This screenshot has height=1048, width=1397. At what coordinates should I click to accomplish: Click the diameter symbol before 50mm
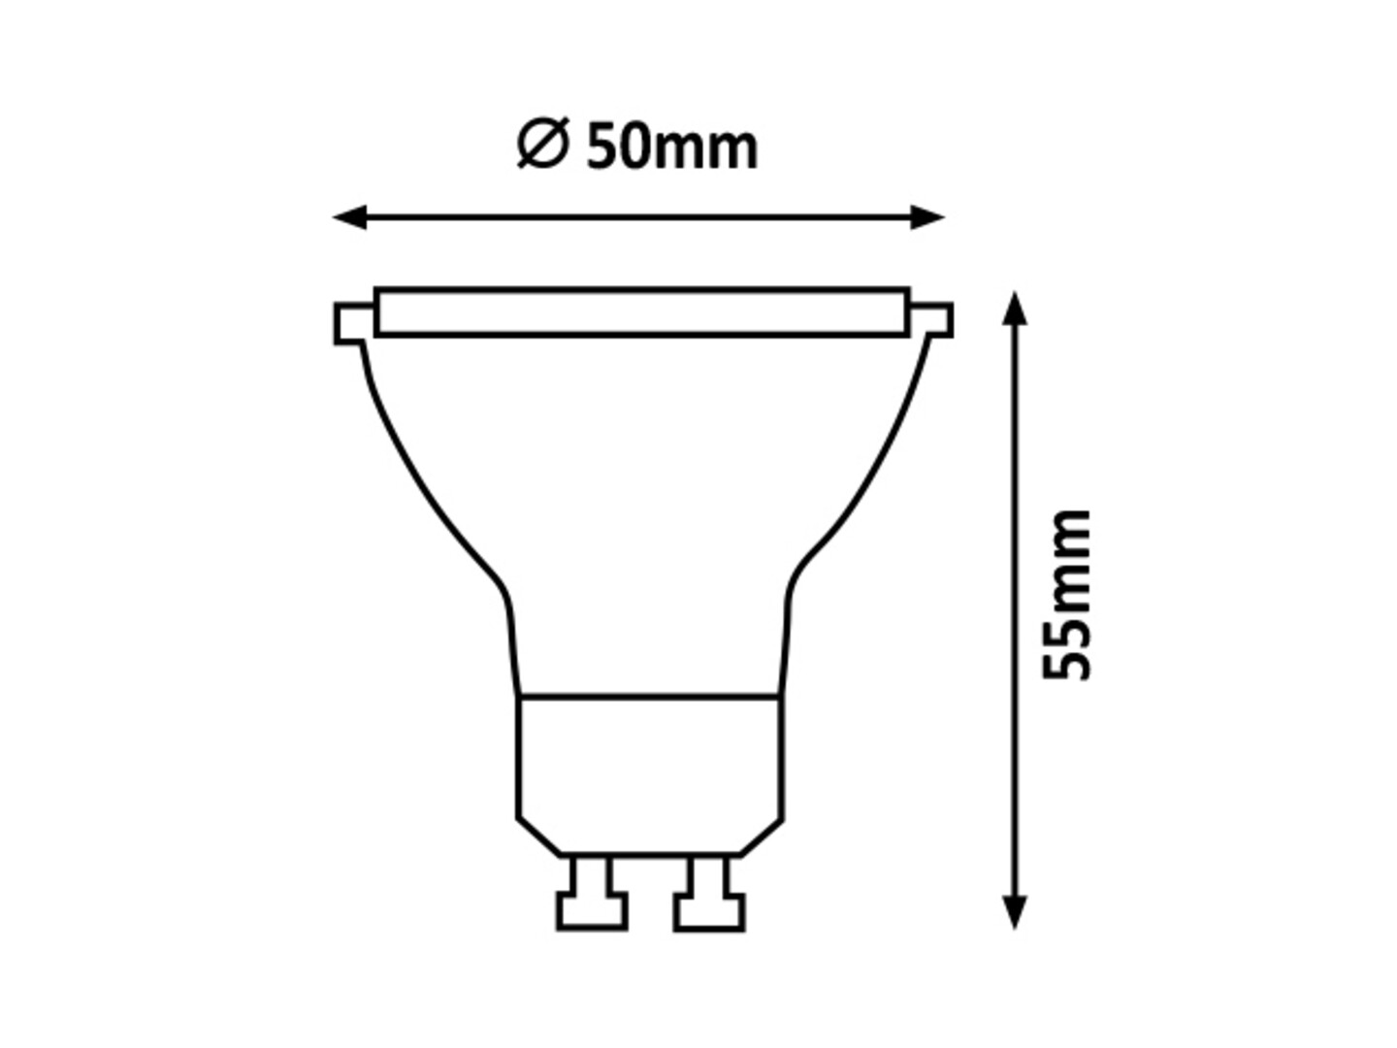pyautogui.click(x=541, y=146)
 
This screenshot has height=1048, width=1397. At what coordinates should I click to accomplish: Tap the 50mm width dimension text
pyautogui.click(x=672, y=147)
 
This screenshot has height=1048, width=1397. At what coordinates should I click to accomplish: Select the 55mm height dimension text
pyautogui.click(x=1066, y=594)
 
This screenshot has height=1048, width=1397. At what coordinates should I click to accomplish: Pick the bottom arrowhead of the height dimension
pyautogui.click(x=1014, y=912)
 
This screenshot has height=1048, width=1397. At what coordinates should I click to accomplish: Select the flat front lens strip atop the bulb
pyautogui.click(x=641, y=311)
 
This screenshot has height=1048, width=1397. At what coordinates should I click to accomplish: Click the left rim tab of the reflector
pyautogui.click(x=353, y=323)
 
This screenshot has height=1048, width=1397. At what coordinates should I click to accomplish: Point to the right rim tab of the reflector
pyautogui.click(x=936, y=320)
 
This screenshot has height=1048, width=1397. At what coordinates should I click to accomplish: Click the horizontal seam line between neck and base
pyautogui.click(x=649, y=697)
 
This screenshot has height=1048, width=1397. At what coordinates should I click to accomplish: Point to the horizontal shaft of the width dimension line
pyautogui.click(x=640, y=217)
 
